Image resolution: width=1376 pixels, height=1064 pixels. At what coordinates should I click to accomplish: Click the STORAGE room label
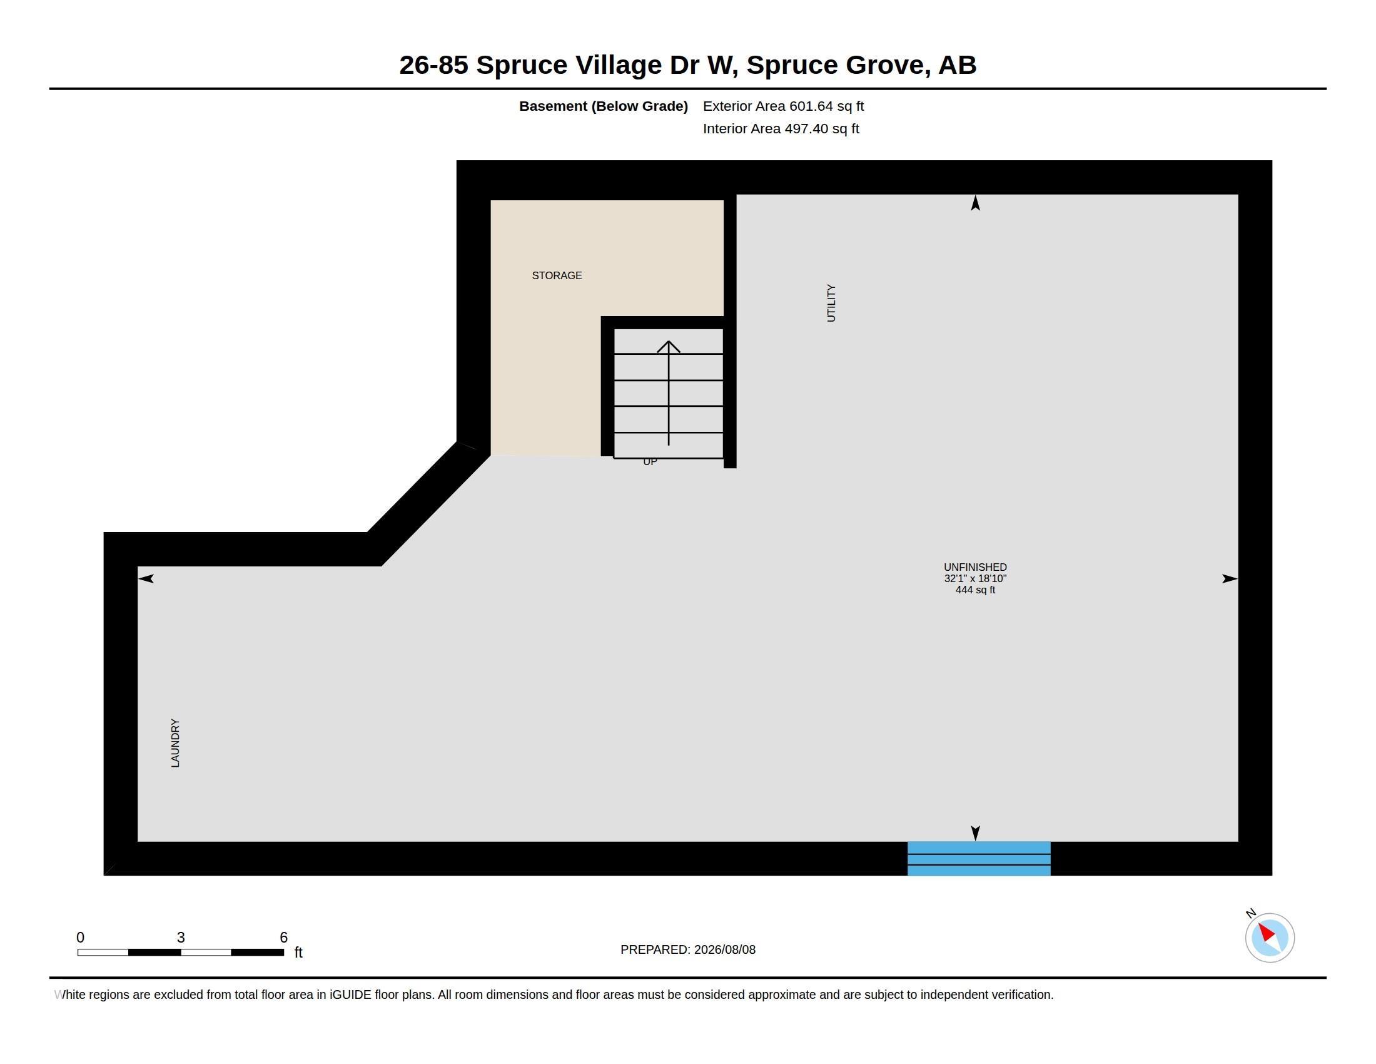(x=557, y=275)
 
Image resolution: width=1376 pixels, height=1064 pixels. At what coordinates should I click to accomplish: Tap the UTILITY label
(x=831, y=303)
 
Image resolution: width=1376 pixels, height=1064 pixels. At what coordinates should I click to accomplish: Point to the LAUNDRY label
(x=175, y=743)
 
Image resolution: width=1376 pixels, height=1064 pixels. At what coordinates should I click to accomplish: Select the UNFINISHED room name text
(x=975, y=567)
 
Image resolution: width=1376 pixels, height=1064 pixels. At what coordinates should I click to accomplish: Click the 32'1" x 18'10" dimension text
(x=975, y=579)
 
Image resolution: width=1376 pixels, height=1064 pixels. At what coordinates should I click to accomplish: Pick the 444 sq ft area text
(x=975, y=590)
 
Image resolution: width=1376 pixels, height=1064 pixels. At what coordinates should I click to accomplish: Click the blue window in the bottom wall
(x=979, y=859)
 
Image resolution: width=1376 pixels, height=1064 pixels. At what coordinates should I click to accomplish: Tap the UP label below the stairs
(x=650, y=462)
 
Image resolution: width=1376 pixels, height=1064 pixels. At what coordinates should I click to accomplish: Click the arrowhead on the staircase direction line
(x=669, y=346)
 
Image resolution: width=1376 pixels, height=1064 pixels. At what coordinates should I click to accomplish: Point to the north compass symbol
(x=1270, y=938)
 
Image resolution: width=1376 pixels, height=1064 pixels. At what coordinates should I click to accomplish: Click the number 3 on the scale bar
(x=181, y=938)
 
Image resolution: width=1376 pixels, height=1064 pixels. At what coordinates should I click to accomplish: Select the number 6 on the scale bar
(x=283, y=938)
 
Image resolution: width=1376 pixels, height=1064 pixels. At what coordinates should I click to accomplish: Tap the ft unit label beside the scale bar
(x=298, y=953)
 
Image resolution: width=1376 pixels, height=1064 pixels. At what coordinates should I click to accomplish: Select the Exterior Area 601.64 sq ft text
(x=783, y=106)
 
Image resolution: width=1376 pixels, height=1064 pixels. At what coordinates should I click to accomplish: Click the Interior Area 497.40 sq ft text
(x=781, y=128)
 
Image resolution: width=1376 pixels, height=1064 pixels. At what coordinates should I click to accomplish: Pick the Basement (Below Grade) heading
(x=603, y=106)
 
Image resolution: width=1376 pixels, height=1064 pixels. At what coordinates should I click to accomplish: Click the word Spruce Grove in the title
(x=836, y=65)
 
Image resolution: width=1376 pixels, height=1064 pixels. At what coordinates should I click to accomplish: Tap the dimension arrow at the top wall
(x=975, y=202)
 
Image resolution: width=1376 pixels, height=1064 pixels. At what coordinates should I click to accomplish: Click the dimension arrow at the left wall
(x=146, y=579)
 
